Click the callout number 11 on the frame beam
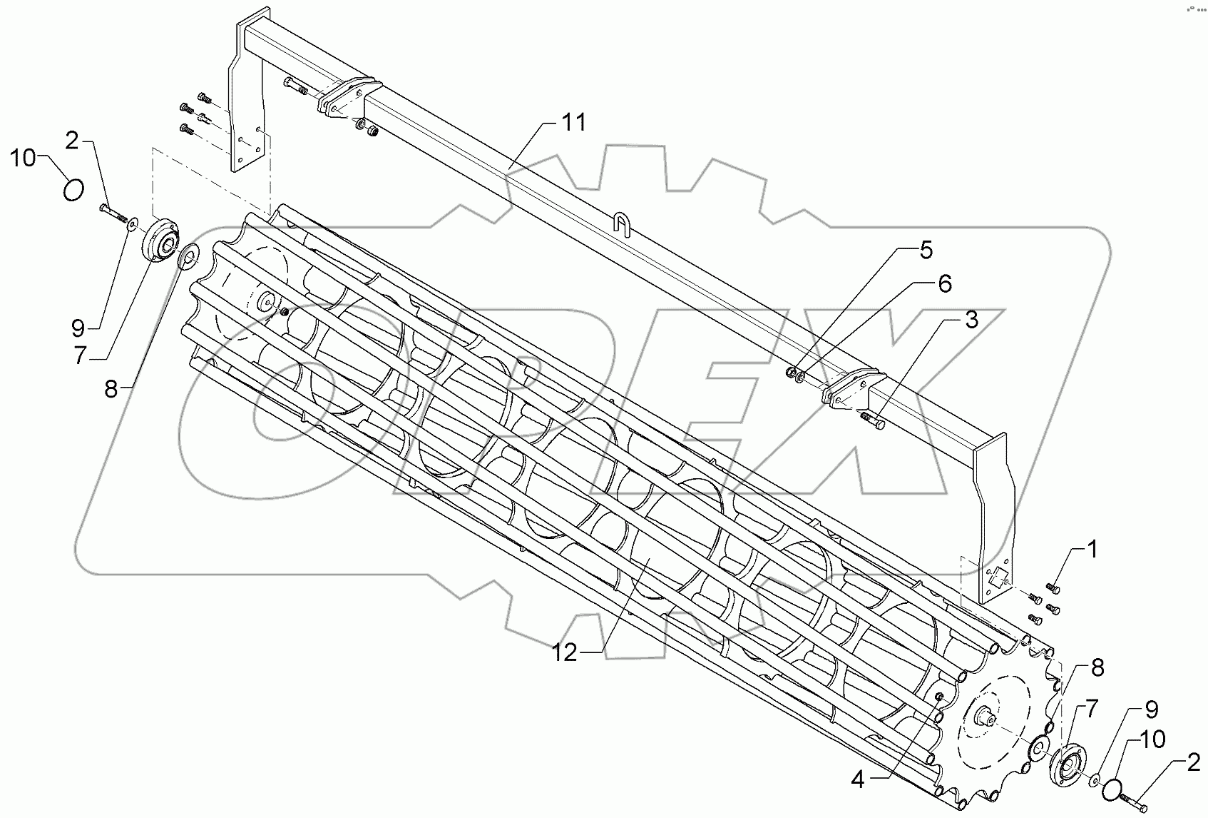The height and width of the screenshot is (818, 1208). click(x=573, y=123)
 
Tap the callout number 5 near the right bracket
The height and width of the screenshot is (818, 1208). click(x=925, y=251)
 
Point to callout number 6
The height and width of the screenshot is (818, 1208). click(x=943, y=283)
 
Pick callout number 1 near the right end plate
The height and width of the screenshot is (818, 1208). click(x=1092, y=550)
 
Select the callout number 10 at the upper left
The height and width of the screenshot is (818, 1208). click(x=24, y=158)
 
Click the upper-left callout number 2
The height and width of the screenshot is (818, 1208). click(x=71, y=141)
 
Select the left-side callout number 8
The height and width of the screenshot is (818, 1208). click(x=111, y=390)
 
